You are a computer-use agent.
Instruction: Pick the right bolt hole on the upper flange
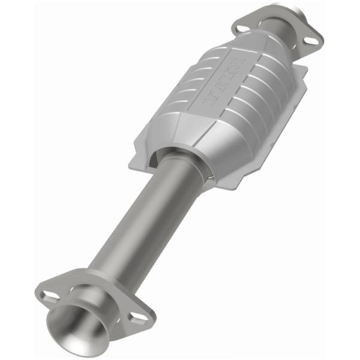pyautogui.click(x=310, y=40)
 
